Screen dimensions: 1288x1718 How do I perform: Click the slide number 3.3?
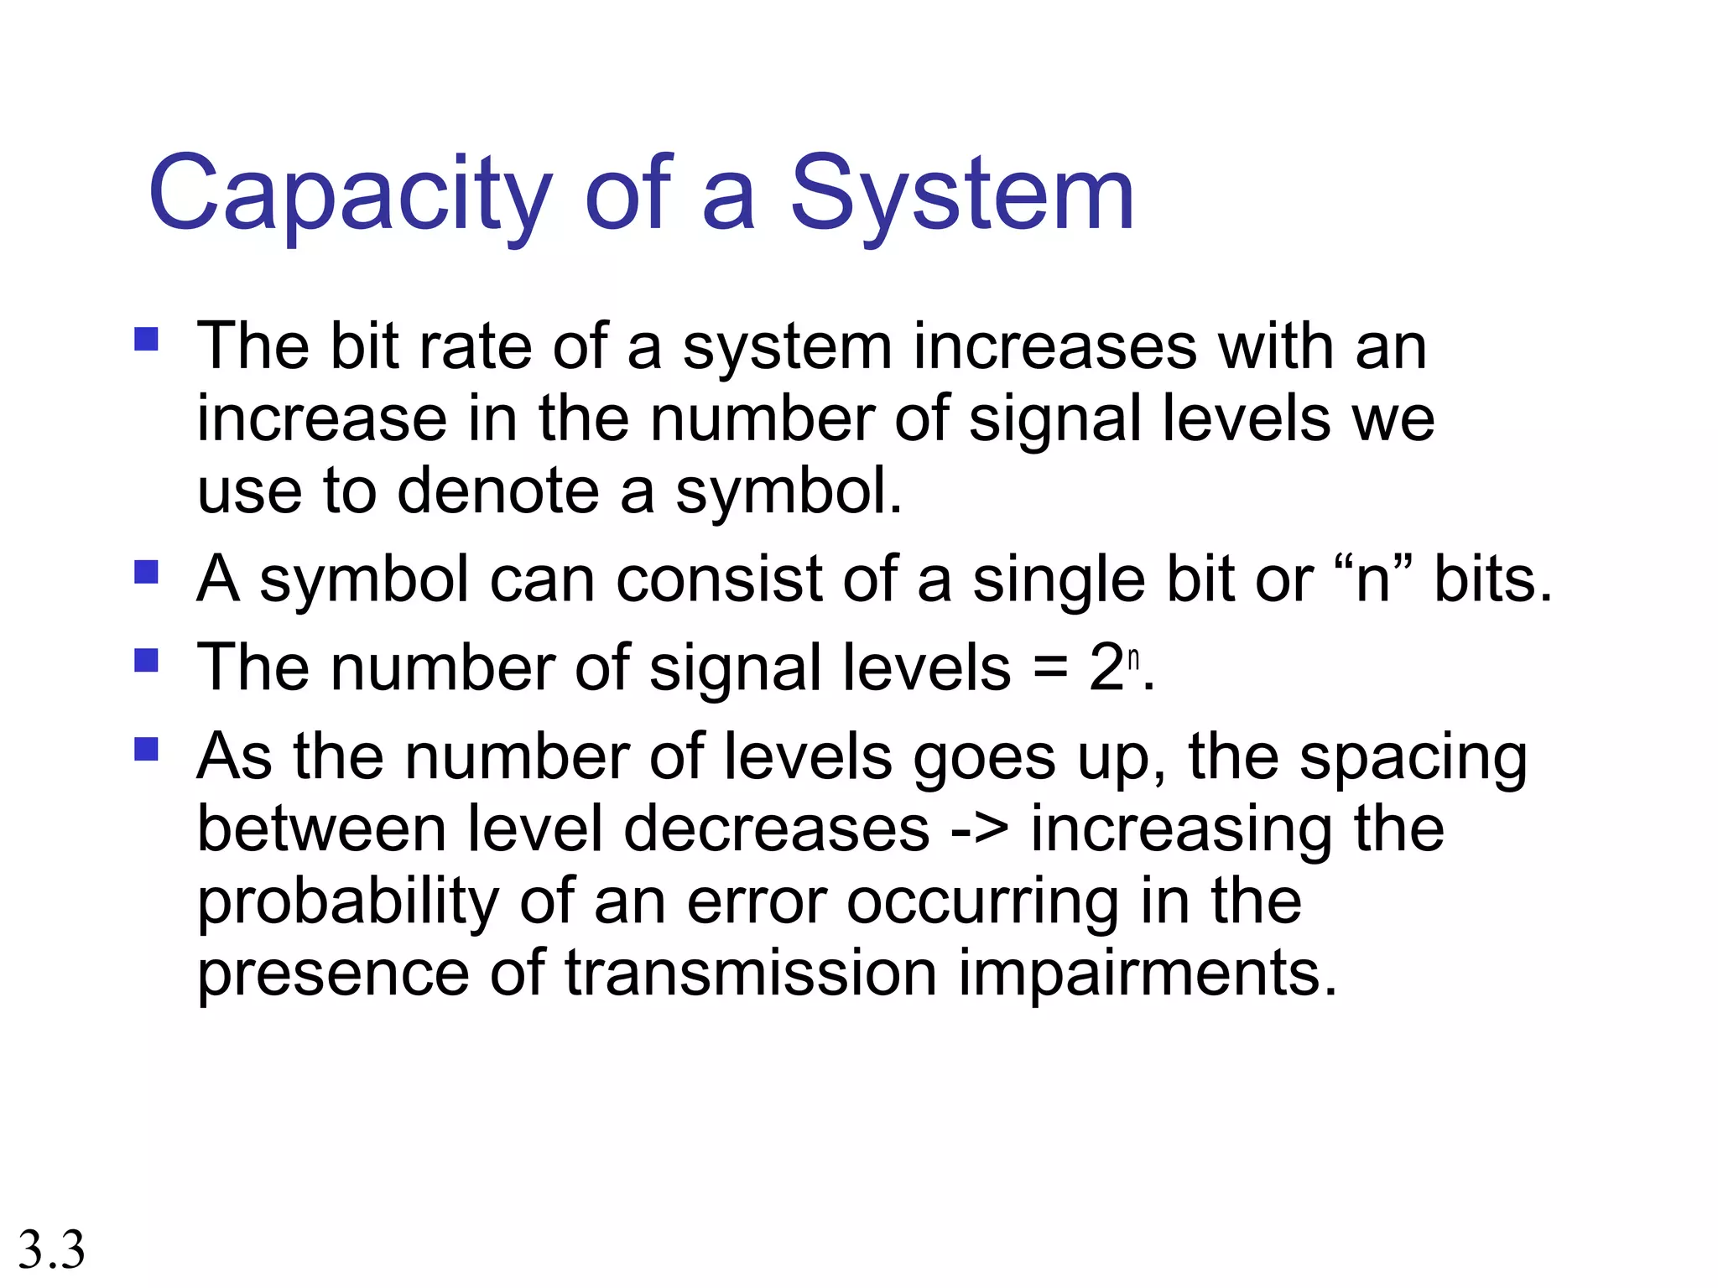(51, 1249)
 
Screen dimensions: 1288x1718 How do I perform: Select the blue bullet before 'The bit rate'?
(146, 340)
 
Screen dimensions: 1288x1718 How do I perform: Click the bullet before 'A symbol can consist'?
(146, 572)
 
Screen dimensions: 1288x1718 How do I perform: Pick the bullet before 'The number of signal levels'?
(146, 661)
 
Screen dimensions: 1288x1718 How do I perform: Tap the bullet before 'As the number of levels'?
(146, 749)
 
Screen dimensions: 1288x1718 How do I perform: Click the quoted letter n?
(1373, 580)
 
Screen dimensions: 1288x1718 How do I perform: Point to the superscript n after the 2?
(1133, 659)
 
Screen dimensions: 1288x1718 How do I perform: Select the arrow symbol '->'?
(981, 829)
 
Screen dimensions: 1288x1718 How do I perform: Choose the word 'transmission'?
(751, 974)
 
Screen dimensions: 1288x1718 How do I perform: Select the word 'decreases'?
(777, 829)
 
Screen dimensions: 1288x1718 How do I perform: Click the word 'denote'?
(498, 491)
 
